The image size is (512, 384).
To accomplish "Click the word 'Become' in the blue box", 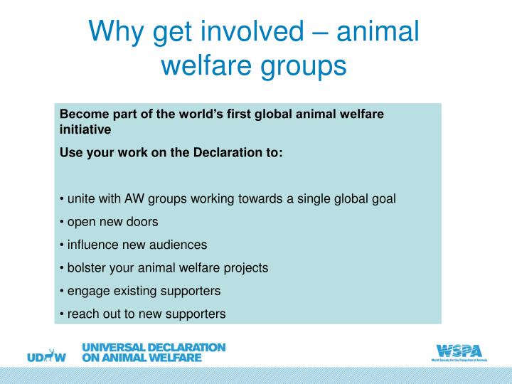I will (81, 114).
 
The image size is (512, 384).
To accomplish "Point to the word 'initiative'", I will (85, 130).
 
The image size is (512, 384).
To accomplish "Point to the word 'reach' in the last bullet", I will (82, 313).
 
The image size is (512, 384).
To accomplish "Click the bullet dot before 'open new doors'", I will (62, 222).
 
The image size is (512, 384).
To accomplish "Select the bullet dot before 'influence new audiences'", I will (62, 245).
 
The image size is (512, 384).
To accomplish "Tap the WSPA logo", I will (458, 351).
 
